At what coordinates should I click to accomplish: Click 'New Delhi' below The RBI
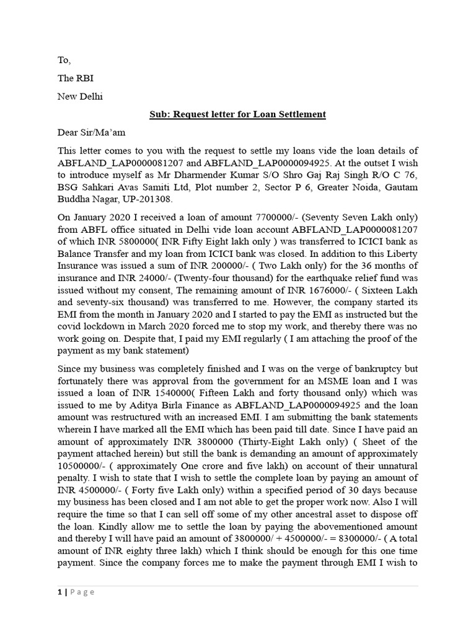pyautogui.click(x=81, y=97)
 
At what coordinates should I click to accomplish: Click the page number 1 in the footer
pyautogui.click(x=61, y=592)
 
